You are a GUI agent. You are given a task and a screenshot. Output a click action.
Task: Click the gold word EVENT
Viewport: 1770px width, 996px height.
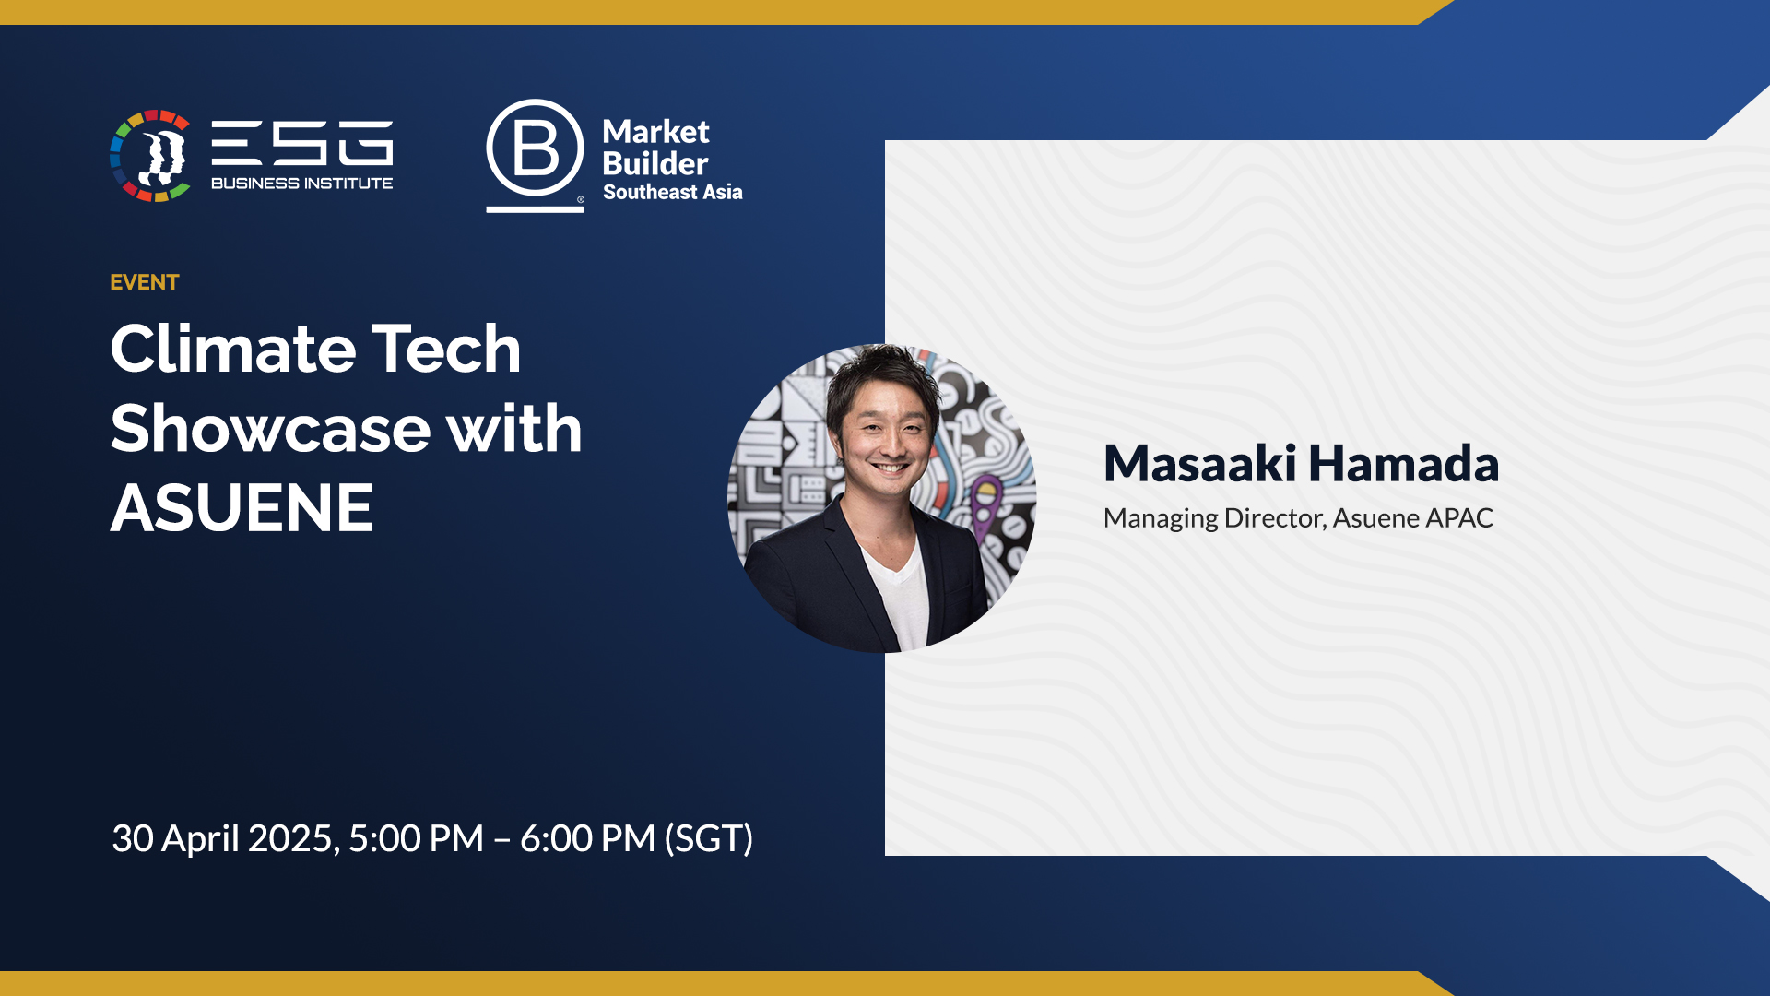pyautogui.click(x=144, y=282)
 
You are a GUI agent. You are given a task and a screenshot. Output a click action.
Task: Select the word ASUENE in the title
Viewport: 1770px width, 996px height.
pyautogui.click(x=242, y=508)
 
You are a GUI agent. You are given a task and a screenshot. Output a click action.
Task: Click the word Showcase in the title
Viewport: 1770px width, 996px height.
pyautogui.click(x=270, y=429)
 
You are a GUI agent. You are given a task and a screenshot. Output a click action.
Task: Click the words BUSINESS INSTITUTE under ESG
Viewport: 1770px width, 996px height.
pyautogui.click(x=301, y=184)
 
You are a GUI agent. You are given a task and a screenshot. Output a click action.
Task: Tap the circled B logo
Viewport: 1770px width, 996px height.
pyautogui.click(x=535, y=149)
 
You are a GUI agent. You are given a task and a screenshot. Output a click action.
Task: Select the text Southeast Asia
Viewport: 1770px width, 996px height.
pyautogui.click(x=672, y=193)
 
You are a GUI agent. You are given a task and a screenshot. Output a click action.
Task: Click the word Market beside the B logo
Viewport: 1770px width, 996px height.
pyautogui.click(x=655, y=132)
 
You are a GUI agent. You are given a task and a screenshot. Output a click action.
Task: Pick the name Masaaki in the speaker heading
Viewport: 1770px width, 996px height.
pyautogui.click(x=1200, y=463)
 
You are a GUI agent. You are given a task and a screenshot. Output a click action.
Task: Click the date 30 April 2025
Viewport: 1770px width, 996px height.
pyautogui.click(x=226, y=839)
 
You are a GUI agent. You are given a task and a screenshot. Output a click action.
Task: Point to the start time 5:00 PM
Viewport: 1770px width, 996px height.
pyautogui.click(x=416, y=839)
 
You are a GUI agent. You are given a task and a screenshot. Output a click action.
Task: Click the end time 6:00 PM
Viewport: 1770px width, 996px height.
pyautogui.click(x=587, y=839)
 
